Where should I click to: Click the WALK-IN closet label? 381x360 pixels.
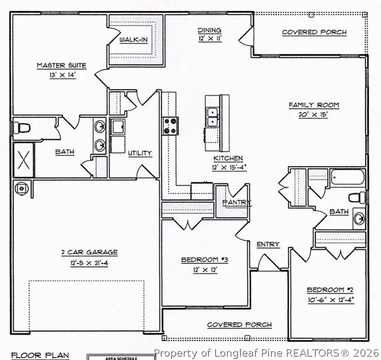134,40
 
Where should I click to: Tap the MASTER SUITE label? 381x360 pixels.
61,66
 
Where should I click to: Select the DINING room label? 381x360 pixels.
209,30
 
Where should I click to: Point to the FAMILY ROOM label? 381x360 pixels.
314,105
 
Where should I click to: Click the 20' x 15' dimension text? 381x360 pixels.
314,115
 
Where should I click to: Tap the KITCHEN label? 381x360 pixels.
228,158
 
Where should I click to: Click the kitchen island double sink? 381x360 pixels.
212,116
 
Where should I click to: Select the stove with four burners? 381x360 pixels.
170,125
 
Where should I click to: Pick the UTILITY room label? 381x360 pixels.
140,153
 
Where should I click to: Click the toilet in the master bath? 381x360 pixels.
21,127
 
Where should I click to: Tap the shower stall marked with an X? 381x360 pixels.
23,160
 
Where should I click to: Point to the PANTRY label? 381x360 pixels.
237,202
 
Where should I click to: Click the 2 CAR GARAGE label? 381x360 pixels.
89,252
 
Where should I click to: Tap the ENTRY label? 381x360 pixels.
268,244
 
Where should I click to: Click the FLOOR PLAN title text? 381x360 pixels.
40,355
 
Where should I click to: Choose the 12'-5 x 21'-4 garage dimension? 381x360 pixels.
89,263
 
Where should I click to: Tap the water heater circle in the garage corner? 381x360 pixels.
21,187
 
